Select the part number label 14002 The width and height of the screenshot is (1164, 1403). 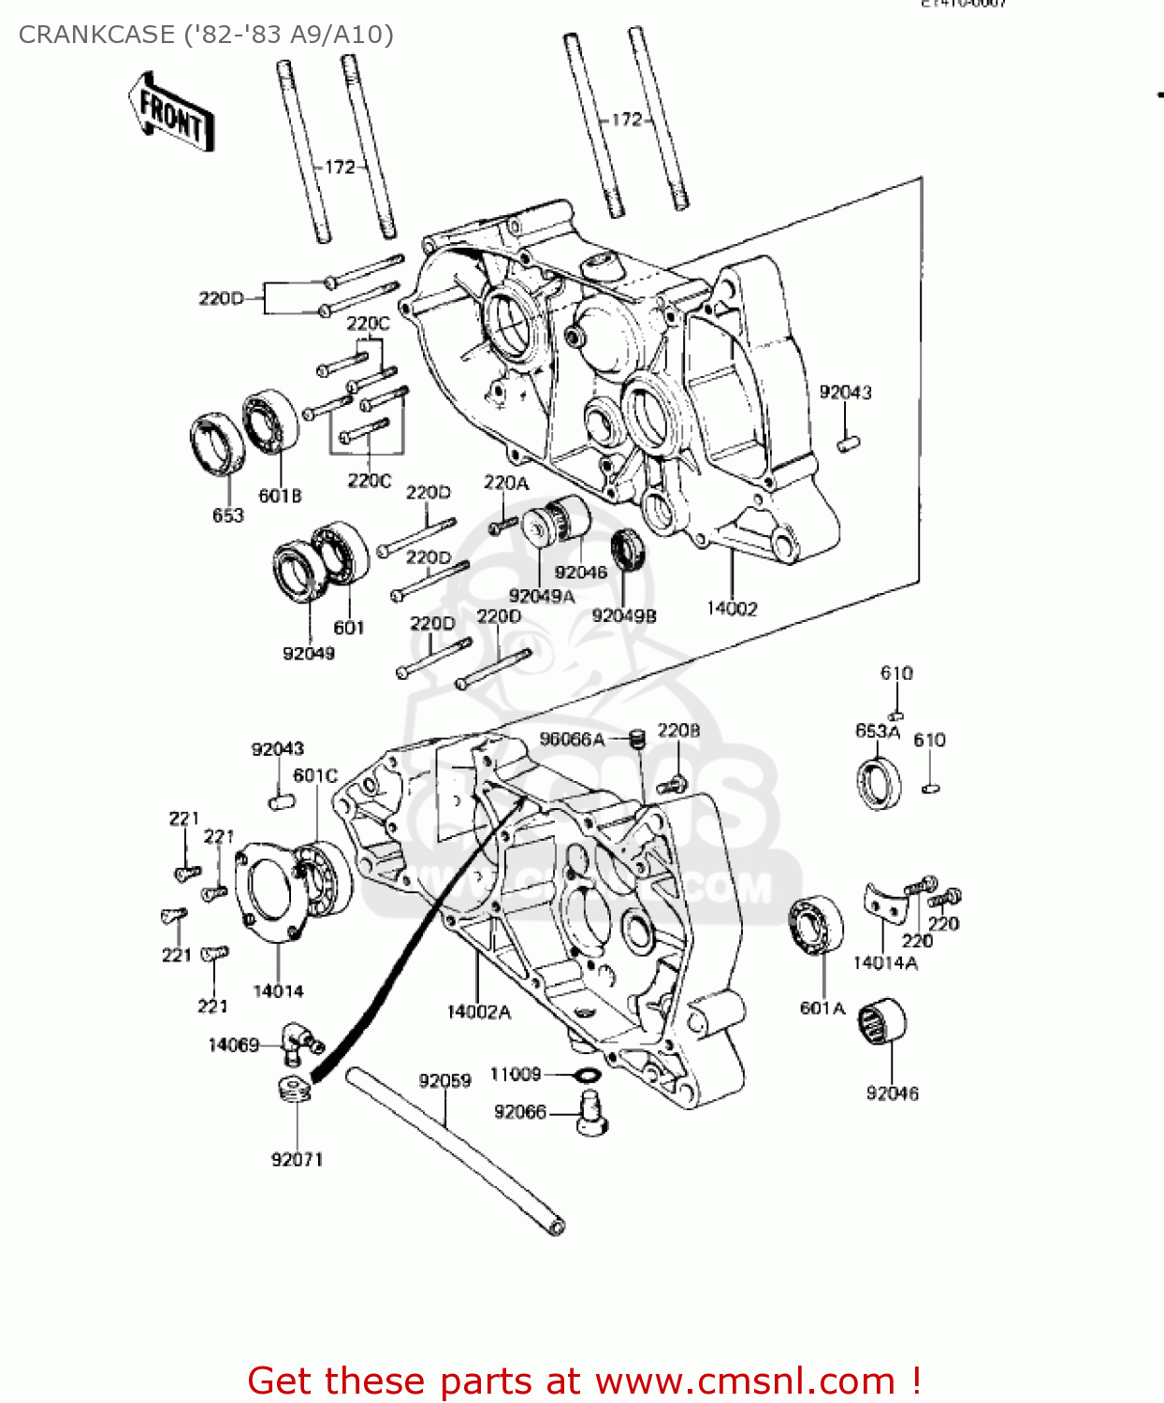731,609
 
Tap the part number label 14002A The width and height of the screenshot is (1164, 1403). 478,1012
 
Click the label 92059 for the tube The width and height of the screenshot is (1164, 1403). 444,1081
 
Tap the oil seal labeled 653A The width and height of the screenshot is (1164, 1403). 880,783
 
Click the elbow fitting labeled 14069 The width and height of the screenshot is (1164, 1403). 299,1041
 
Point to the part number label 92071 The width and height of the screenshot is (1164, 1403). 297,1160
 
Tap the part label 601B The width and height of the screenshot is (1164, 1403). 280,496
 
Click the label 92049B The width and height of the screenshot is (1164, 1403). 623,615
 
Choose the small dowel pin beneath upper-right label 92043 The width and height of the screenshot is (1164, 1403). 848,442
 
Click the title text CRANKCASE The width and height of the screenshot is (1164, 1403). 95,35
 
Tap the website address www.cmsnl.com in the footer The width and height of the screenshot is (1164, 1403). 745,1381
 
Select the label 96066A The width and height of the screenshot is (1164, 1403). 572,740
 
